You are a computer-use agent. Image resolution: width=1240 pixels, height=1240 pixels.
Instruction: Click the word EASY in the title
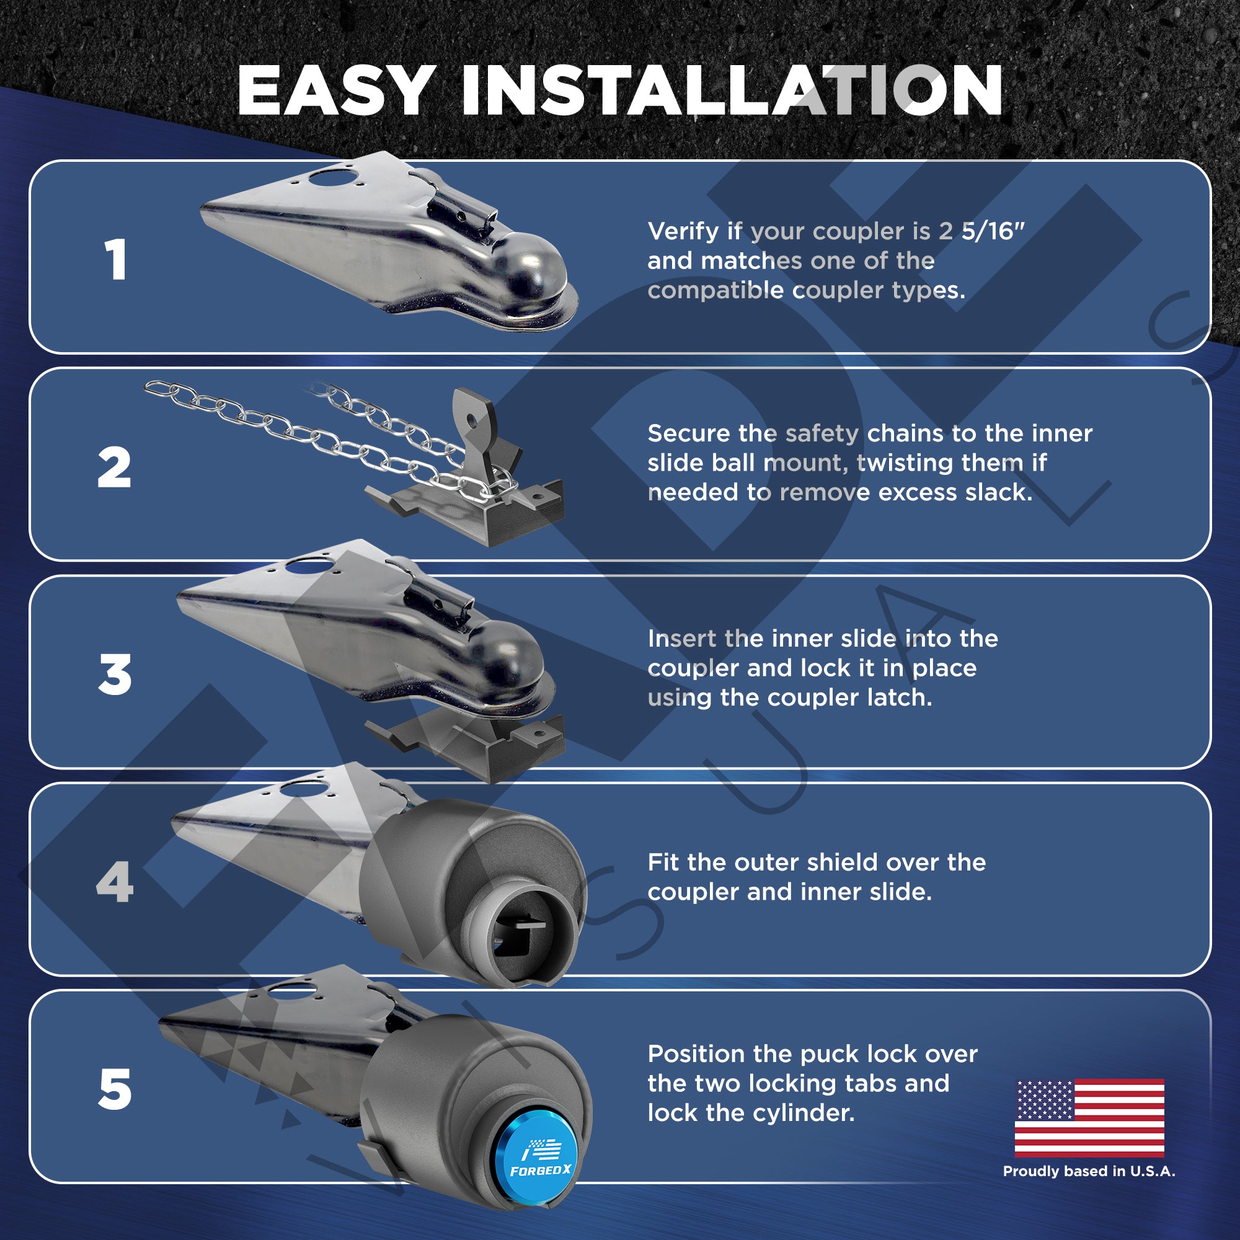pos(336,90)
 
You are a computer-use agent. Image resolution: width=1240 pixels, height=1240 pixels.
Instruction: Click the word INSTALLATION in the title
pos(732,90)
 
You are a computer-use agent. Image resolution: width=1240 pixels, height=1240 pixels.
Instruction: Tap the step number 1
pos(115,259)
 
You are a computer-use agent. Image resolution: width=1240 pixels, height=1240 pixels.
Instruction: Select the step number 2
pos(114,467)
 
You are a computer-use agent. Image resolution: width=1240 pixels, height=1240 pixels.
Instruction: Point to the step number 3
pos(115,675)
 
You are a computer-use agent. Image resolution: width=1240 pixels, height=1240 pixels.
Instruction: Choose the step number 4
pos(115,882)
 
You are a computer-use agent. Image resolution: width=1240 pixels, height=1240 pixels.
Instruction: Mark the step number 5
pos(115,1090)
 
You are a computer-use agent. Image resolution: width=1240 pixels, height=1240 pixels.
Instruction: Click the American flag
pos(1089,1117)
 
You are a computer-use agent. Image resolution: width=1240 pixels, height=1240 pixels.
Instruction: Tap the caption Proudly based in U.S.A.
pos(1089,1171)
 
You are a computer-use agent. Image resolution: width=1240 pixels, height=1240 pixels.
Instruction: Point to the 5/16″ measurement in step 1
pos(993,231)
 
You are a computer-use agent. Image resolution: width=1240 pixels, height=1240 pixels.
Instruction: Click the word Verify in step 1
pos(683,232)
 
